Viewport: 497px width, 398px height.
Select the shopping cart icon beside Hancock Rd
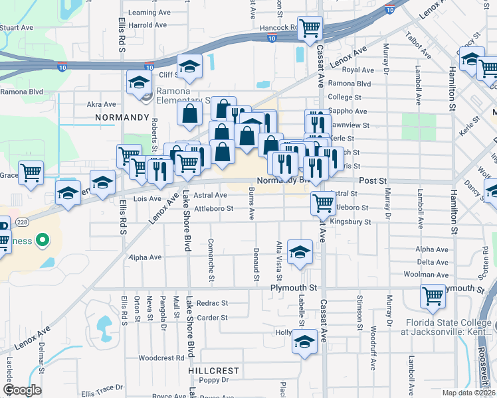[310, 28]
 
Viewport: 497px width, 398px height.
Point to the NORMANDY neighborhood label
[122, 117]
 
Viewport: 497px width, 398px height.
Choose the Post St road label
[373, 180]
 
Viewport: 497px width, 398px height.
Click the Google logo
[22, 390]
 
